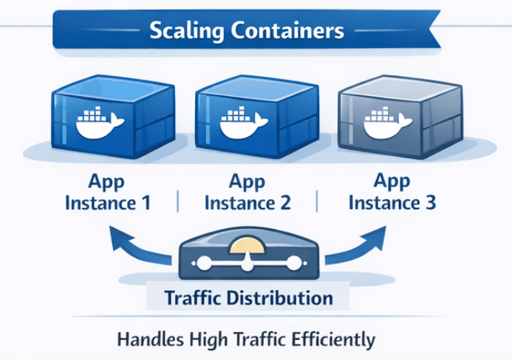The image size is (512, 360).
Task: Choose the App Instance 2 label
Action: [248, 191]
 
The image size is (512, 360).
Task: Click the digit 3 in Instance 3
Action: [431, 201]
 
